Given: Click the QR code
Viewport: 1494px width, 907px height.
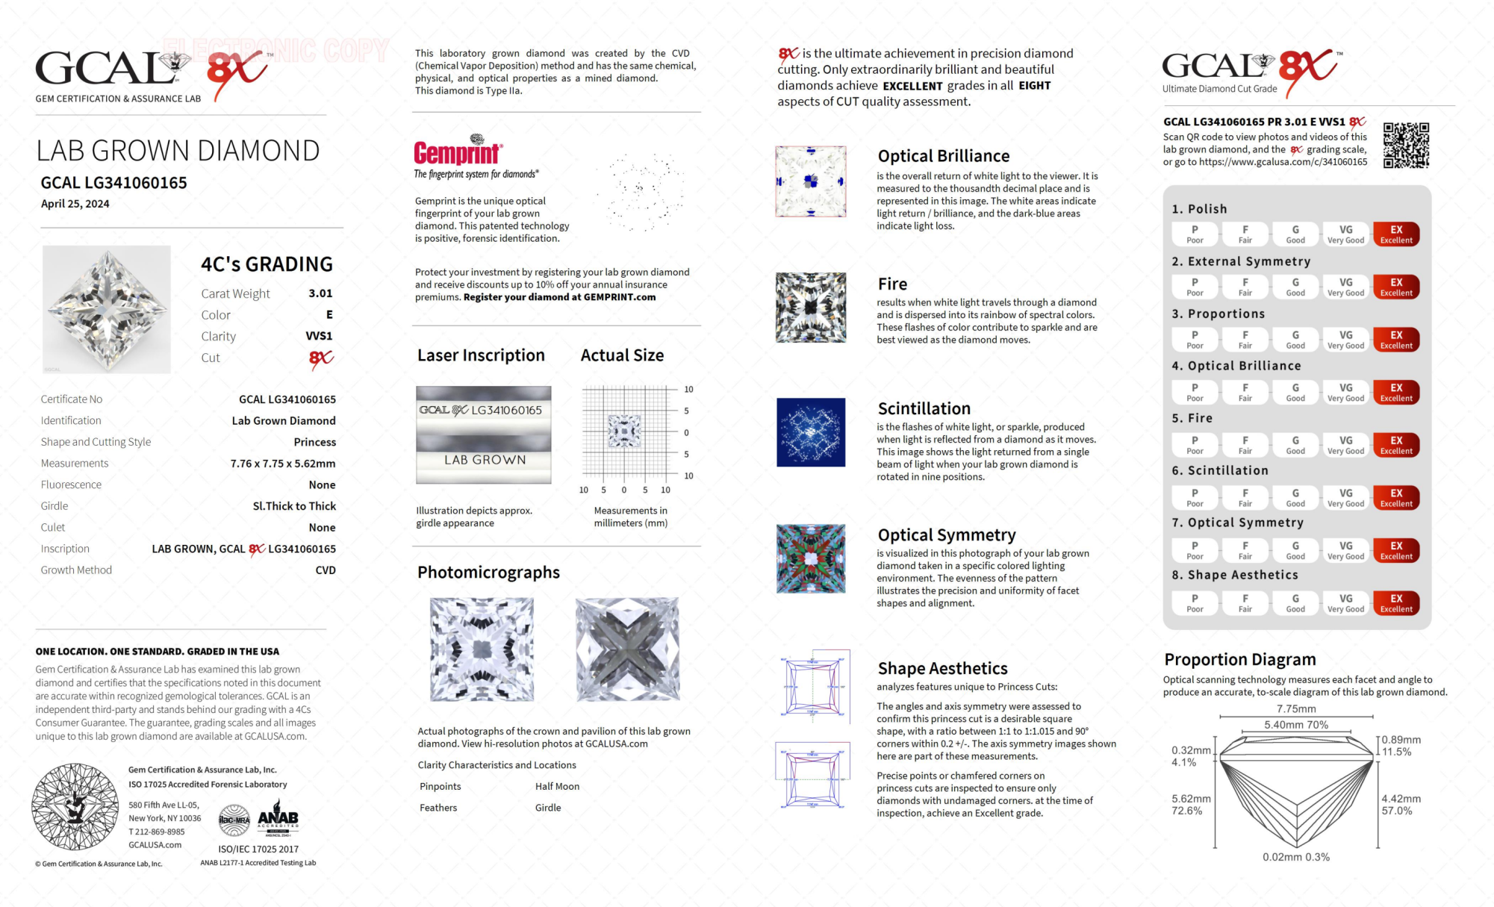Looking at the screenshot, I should pyautogui.click(x=1405, y=145).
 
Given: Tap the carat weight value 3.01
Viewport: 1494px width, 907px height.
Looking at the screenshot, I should pyautogui.click(x=320, y=293).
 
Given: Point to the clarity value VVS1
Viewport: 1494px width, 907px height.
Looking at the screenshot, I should pyautogui.click(x=319, y=336).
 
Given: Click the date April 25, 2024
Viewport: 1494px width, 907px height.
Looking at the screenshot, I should pyautogui.click(x=75, y=204).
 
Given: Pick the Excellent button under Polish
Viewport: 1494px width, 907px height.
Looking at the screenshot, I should pyautogui.click(x=1395, y=234).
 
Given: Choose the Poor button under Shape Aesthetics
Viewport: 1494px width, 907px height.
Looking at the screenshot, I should pyautogui.click(x=1195, y=603).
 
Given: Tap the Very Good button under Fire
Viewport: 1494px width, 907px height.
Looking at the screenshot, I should pyautogui.click(x=1345, y=445).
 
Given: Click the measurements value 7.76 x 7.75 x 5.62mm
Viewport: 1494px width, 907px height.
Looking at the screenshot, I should pyautogui.click(x=283, y=464).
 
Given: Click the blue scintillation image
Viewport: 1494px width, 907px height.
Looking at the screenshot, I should pyautogui.click(x=811, y=432).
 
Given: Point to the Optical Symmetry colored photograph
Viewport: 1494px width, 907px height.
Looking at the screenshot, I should pyautogui.click(x=811, y=558).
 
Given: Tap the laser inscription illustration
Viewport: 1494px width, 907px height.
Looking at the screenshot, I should pyautogui.click(x=483, y=434).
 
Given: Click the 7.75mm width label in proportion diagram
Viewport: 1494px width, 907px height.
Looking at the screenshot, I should pyautogui.click(x=1296, y=708).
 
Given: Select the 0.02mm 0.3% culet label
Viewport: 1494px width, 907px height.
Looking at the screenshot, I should pyautogui.click(x=1295, y=857).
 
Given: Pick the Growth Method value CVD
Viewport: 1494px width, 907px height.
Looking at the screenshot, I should pyautogui.click(x=326, y=570).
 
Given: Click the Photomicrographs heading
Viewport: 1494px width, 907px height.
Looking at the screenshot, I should pyautogui.click(x=488, y=573).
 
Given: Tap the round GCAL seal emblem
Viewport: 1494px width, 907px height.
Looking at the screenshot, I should pyautogui.click(x=75, y=806).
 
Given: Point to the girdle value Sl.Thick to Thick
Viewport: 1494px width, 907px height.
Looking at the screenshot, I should pyautogui.click(x=294, y=506).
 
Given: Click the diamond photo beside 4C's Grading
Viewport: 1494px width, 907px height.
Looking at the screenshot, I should pyautogui.click(x=107, y=309).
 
